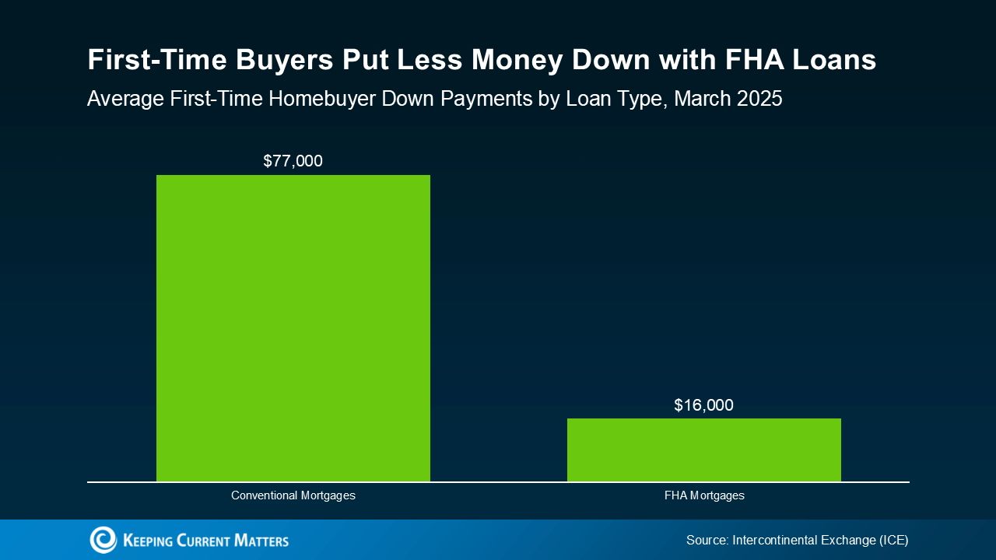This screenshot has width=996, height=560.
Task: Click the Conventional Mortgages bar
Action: point(293,328)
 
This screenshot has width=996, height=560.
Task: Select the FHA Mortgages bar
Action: point(704,450)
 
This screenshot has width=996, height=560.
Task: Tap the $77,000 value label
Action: point(293,161)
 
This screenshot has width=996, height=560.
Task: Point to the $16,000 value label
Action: point(704,405)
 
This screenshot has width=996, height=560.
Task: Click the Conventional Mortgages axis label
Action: point(293,495)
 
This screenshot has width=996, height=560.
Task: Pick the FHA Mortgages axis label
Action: point(704,495)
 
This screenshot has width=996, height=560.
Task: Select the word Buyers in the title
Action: point(284,61)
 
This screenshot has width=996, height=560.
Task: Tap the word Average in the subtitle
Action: point(125,99)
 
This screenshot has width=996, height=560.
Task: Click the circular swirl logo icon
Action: point(103,540)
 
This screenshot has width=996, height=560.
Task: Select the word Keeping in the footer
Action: point(148,541)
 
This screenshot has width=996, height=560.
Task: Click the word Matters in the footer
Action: point(261,541)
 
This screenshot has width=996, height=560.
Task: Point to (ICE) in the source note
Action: point(893,540)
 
